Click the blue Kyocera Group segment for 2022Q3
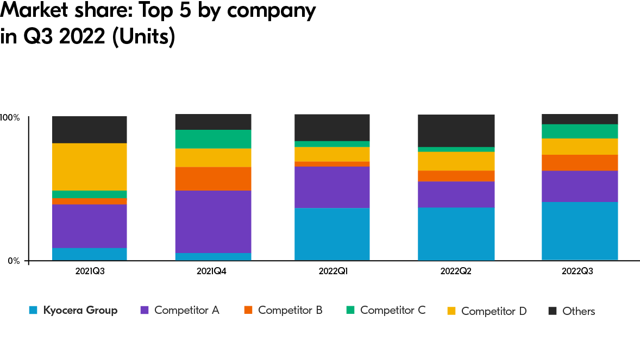coord(580,231)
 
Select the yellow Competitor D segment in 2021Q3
coord(89,167)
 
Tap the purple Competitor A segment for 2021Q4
coord(213,222)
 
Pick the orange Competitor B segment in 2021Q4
coord(213,179)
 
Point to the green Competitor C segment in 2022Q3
coord(580,131)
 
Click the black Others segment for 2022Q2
coord(456,130)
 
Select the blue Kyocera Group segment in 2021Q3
coord(89,254)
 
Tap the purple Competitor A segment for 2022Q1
coord(332,187)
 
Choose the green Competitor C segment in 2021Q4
coord(213,139)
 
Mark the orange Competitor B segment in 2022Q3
coord(580,162)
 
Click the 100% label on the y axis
coord(10,117)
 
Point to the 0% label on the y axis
coord(13,261)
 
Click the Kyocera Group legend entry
coord(80,311)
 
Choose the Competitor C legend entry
coord(392,311)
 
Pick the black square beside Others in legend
coord(553,311)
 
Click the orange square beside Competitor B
coord(248,311)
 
